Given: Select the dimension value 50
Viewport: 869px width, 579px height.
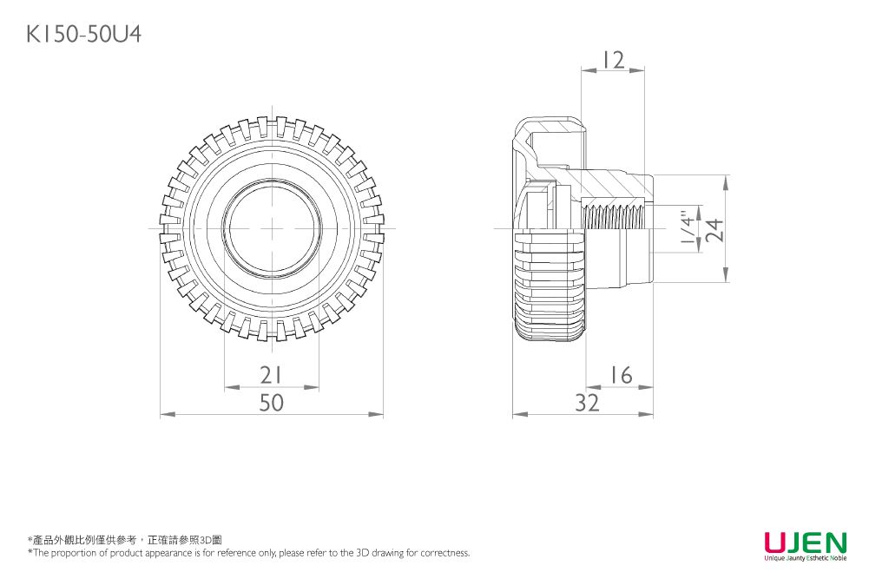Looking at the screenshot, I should (x=272, y=403).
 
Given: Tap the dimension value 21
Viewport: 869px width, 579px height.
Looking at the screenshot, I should (x=272, y=375).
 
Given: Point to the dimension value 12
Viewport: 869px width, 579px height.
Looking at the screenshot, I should (x=613, y=61).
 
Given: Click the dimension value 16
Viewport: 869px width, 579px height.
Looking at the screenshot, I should (x=620, y=375).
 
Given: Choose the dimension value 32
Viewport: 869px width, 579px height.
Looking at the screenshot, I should (x=587, y=403).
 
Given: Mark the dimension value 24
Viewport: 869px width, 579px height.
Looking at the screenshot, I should (x=714, y=230).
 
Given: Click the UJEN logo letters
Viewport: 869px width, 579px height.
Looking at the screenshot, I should (x=805, y=543).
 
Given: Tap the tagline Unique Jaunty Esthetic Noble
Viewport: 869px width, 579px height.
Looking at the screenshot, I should (x=805, y=558).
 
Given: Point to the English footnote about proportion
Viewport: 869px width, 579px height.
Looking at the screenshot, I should (x=248, y=553).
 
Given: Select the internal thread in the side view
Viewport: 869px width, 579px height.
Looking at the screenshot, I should (x=615, y=217).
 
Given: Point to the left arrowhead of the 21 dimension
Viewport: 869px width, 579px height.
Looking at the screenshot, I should (x=228, y=387).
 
